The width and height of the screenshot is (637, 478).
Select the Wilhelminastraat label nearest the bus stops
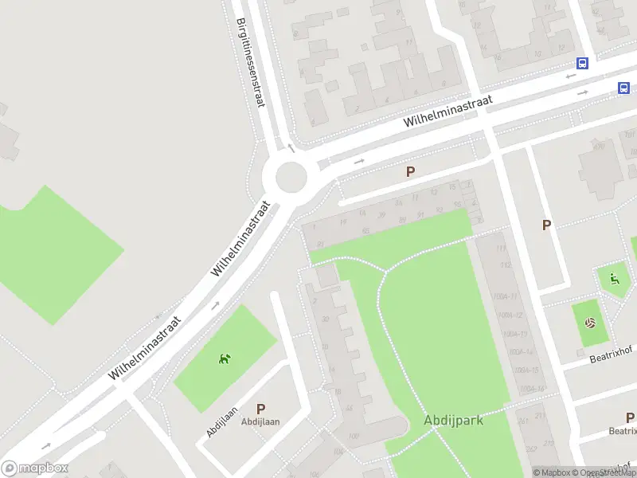[447, 111]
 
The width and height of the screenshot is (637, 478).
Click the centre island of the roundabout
[290, 174]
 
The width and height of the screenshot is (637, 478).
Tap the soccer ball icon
[590, 323]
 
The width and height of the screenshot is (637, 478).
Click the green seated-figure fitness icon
[614, 278]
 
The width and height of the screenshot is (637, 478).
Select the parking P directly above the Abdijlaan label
[260, 409]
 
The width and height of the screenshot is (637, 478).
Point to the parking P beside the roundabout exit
[411, 171]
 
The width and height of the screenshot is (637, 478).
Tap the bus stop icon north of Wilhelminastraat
[583, 64]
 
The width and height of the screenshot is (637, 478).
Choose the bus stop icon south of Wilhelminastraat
[624, 88]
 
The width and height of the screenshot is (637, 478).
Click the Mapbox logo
[35, 468]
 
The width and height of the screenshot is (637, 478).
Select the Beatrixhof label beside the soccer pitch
[610, 358]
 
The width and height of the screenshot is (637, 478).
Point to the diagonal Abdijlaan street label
[222, 421]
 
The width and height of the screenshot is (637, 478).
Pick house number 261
[523, 420]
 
